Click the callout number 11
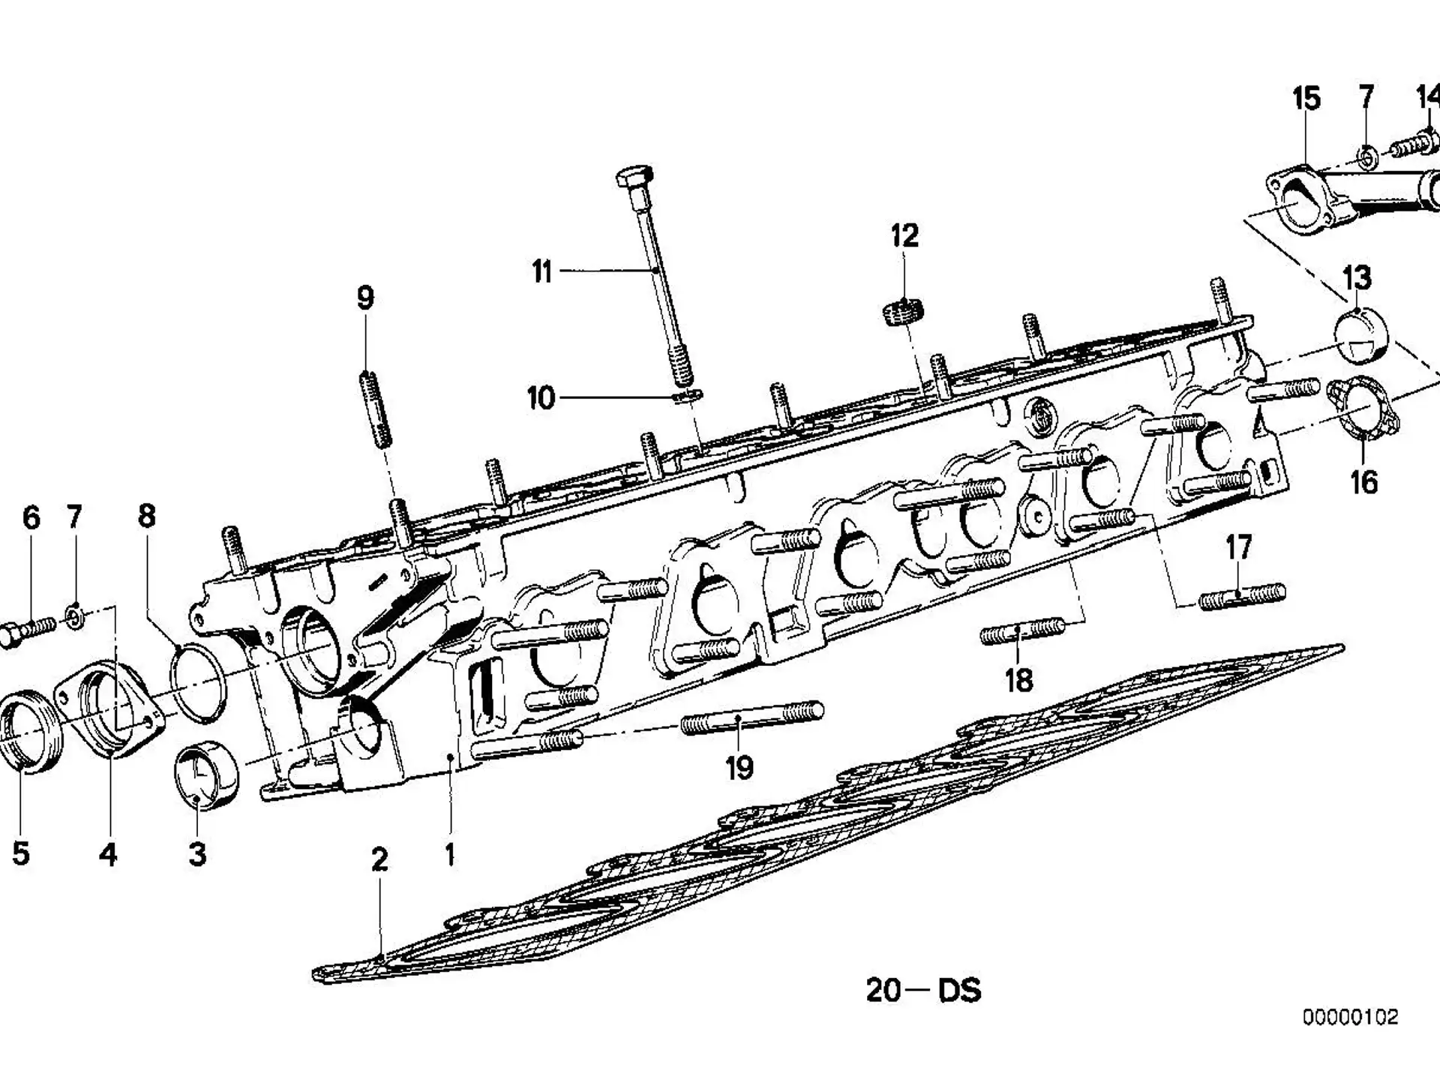542,271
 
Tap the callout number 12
904,235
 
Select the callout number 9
365,298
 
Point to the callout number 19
739,767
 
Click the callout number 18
1018,680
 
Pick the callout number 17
1238,547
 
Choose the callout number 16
1364,481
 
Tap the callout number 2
379,859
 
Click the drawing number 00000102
1350,1017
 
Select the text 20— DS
923,990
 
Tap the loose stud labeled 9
376,409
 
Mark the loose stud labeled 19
752,717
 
